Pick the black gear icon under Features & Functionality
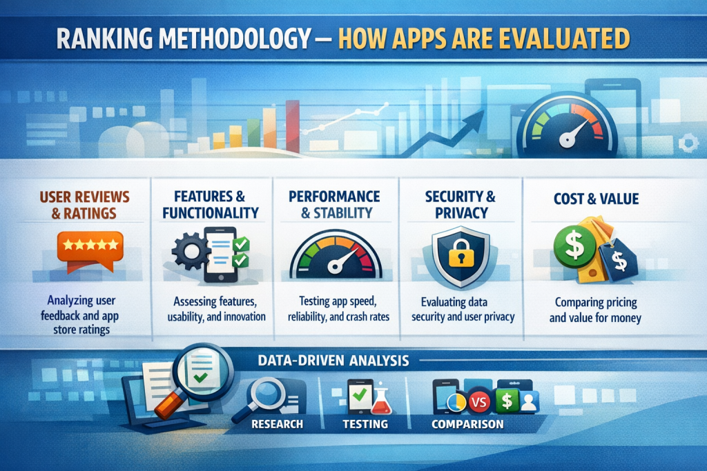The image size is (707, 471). [188, 251]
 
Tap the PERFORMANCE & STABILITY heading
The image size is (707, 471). [334, 204]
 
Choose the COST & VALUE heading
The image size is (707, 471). [596, 199]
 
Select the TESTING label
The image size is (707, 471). [365, 423]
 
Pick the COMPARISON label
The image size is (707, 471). [467, 423]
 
